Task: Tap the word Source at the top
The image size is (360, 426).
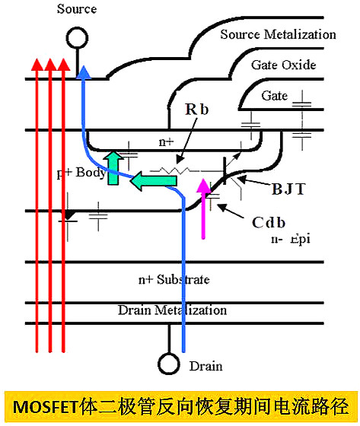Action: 77,9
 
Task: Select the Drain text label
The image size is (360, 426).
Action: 205,367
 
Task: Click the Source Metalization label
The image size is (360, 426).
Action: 278,34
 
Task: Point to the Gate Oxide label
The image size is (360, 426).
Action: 282,65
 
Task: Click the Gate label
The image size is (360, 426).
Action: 275,96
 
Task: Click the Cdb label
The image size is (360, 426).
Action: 269,222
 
